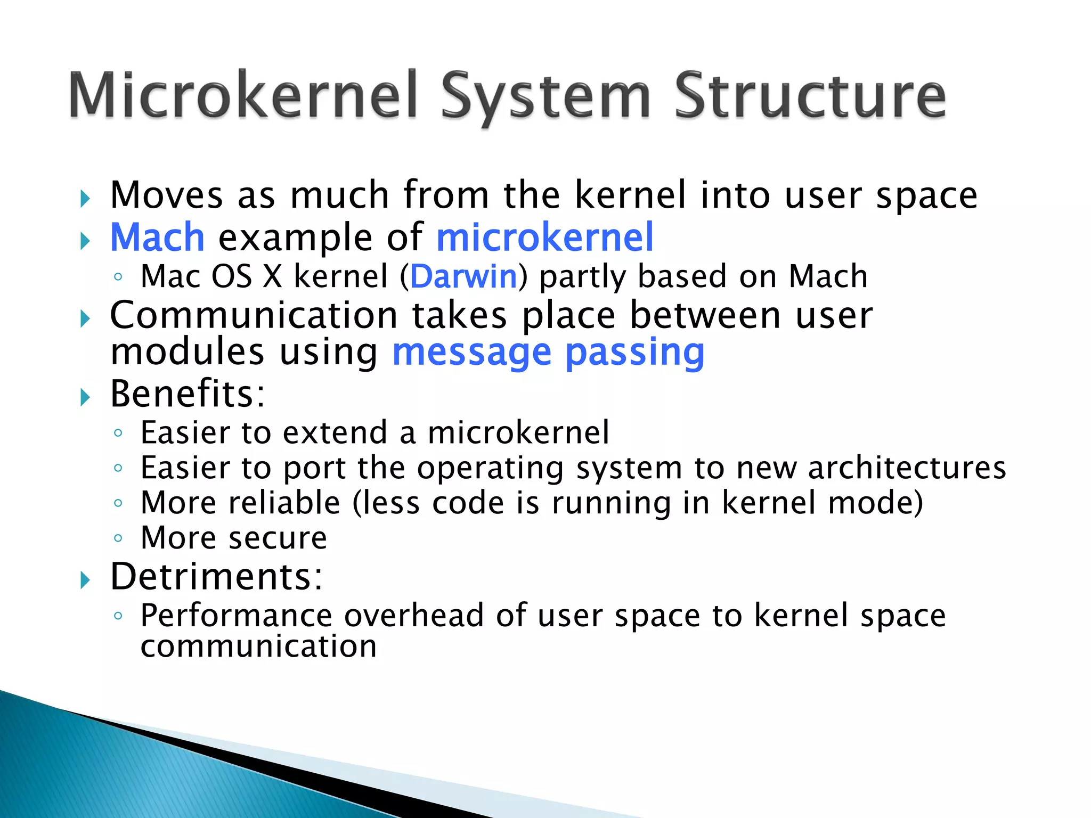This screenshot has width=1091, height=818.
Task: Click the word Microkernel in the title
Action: point(242,96)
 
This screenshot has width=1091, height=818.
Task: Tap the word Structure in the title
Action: point(810,96)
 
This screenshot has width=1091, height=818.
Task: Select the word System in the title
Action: point(545,99)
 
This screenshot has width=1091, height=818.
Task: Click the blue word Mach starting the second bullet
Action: point(157,238)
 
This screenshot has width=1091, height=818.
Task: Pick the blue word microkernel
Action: point(544,238)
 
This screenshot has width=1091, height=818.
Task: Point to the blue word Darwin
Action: point(463,277)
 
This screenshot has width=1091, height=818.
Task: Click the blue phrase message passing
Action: point(548,354)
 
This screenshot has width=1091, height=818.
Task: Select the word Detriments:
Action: point(216,577)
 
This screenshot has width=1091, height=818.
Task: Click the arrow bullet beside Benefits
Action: point(85,397)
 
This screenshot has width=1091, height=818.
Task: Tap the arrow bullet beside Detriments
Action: point(85,580)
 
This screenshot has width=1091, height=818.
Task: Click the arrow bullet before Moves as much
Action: point(85,199)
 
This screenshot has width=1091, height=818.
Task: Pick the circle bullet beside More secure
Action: point(118,538)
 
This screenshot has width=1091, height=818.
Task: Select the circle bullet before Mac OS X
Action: point(118,277)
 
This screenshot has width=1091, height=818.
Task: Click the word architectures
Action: point(907,468)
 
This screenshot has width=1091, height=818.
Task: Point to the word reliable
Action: point(284,503)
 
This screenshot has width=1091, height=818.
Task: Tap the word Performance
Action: point(237,616)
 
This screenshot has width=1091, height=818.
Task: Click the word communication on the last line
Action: point(258,647)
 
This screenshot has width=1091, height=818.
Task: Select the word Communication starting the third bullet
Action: point(254,315)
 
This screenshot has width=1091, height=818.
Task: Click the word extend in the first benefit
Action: point(335,432)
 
